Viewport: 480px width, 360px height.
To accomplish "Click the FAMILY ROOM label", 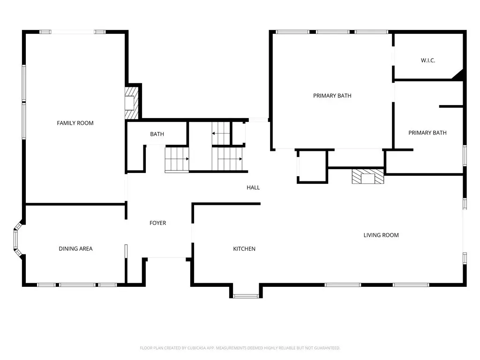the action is tap(75, 123).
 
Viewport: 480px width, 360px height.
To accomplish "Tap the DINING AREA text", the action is tap(75, 248).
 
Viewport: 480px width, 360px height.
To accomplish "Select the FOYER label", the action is tap(157, 223).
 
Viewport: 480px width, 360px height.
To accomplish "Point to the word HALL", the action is tap(253, 187).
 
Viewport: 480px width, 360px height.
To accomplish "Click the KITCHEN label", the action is tap(244, 249).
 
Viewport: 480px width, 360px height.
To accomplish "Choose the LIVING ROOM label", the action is tap(381, 235).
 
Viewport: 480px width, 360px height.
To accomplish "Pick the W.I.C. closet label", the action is tap(428, 60).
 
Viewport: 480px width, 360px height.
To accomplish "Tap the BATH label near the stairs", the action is tap(157, 134).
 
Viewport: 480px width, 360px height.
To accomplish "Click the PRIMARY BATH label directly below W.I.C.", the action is tap(427, 133).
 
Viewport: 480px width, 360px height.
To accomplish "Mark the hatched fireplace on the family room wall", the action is tap(132, 103).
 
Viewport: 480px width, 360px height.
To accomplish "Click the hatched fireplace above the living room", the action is tap(367, 176).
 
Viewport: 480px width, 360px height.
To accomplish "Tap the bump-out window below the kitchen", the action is tap(246, 296).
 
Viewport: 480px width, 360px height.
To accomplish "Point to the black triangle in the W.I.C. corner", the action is tap(458, 75).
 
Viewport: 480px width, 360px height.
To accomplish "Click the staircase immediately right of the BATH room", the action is tap(177, 159).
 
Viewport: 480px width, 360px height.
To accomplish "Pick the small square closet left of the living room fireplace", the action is tap(312, 166).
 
